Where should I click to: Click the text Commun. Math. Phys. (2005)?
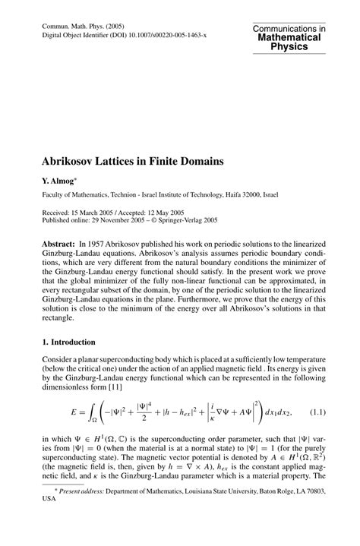(x=80, y=25)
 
